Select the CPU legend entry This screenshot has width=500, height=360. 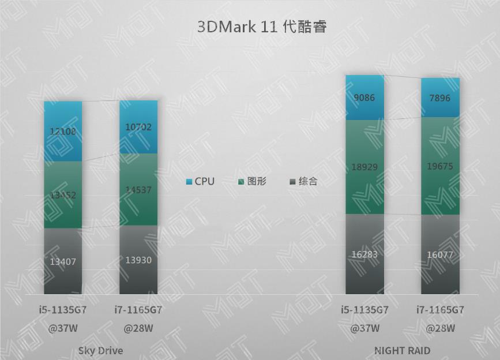tap(200, 182)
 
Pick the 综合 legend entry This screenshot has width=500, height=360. tap(303, 182)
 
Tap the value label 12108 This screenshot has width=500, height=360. tap(63, 131)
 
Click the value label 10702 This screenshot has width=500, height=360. tap(138, 127)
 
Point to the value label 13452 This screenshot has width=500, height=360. tap(63, 195)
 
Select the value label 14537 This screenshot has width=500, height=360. tap(138, 189)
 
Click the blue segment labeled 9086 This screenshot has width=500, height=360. tap(364, 97)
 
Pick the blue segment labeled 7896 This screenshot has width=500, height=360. tap(440, 98)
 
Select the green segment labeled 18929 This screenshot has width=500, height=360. tap(364, 167)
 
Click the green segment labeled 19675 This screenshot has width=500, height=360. tap(440, 166)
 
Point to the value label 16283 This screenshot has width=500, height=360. tap(364, 254)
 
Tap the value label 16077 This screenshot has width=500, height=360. tap(440, 254)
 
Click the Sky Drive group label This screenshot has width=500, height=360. tap(100, 350)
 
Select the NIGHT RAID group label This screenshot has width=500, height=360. tap(402, 350)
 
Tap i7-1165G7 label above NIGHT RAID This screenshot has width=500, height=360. tap(440, 310)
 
